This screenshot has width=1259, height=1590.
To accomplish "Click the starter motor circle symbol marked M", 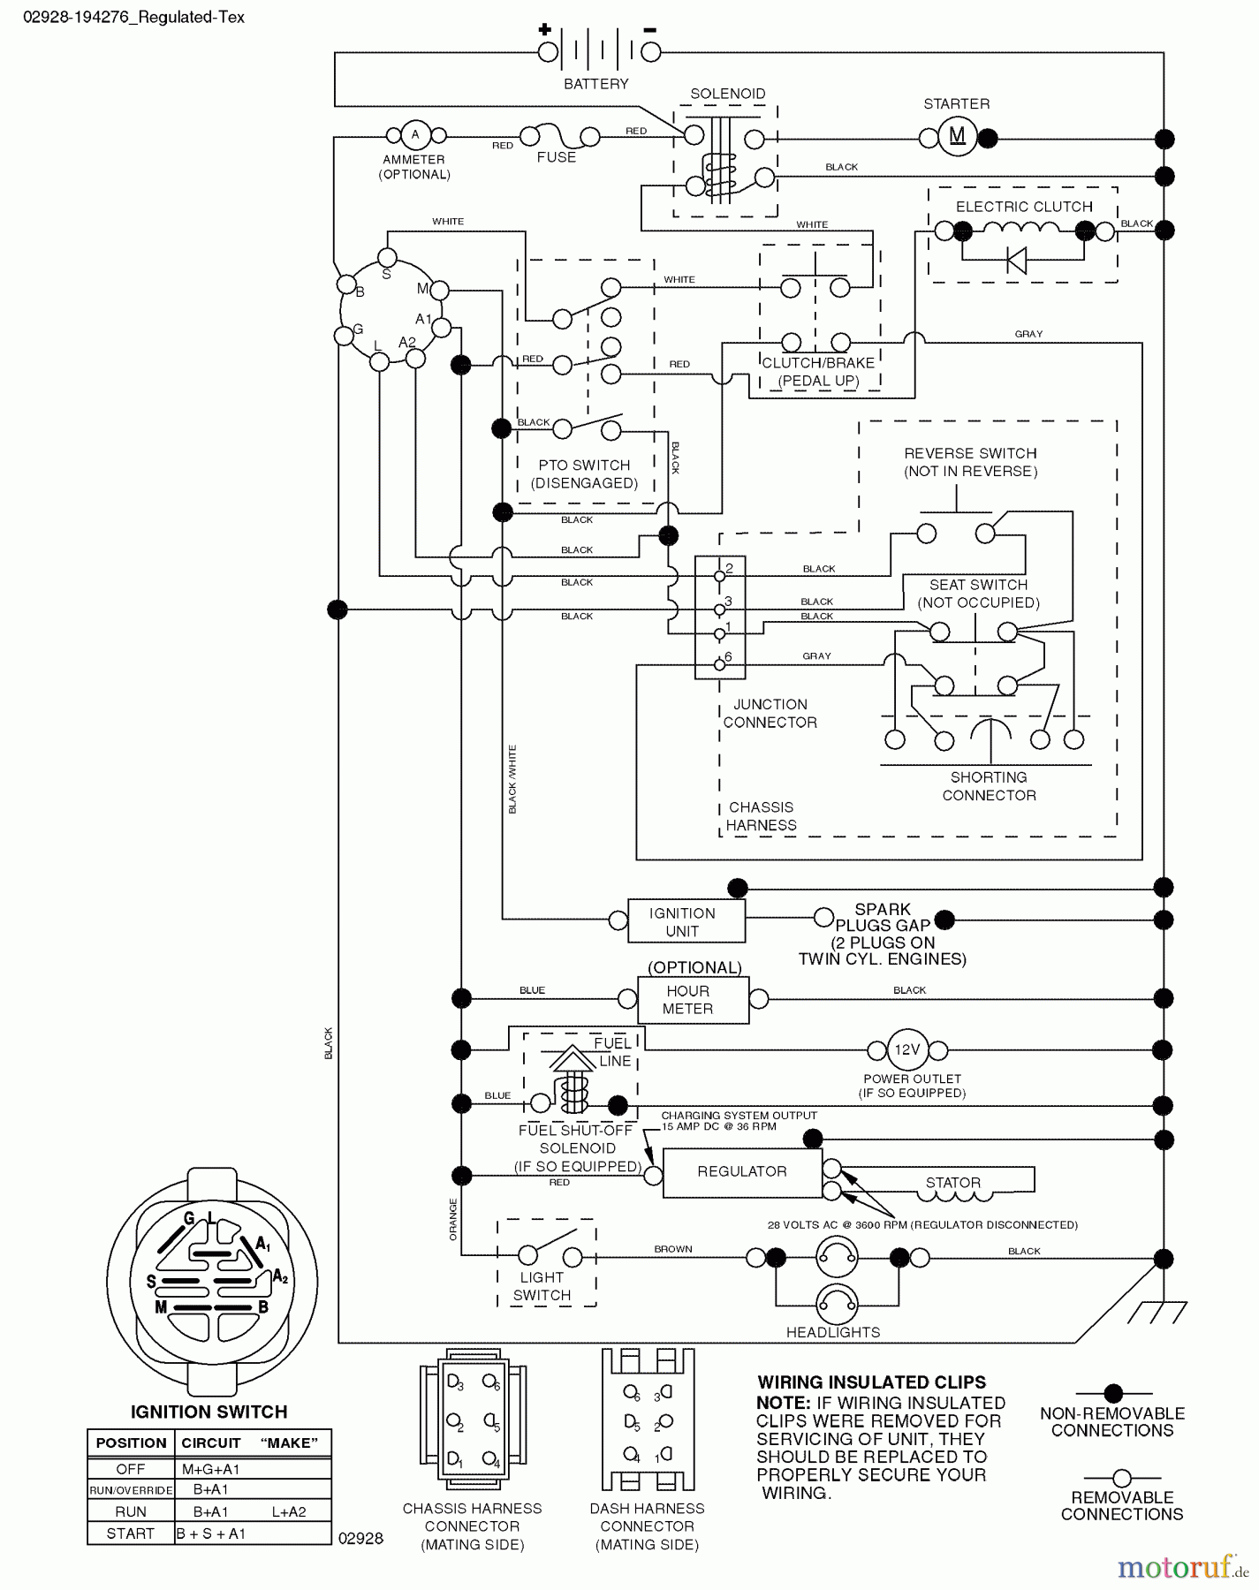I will (957, 136).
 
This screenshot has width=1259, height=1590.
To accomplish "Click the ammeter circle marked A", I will (415, 135).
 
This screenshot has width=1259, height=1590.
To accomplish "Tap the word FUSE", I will (557, 157).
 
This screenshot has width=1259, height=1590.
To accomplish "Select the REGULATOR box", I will (741, 1171).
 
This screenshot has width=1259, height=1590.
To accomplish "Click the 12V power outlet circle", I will (907, 1049).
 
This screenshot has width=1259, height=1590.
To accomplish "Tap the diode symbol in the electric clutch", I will (1016, 261).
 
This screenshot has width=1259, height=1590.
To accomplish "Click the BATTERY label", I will (596, 84).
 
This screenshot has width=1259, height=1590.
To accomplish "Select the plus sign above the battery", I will (544, 30).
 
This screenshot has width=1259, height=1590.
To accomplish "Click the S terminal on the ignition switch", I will (387, 257).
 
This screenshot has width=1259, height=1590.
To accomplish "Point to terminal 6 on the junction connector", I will (720, 664).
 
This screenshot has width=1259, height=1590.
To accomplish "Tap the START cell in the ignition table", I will (130, 1533).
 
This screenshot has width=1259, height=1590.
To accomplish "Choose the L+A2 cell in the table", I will (288, 1511).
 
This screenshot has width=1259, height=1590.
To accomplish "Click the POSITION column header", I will (131, 1442).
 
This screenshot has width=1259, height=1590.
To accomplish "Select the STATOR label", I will (952, 1183).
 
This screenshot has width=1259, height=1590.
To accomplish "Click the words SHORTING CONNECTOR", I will (989, 786).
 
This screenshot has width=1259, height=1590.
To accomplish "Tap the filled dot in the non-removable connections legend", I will (1113, 1392).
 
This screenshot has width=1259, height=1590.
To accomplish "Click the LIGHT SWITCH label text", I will (542, 1286).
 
